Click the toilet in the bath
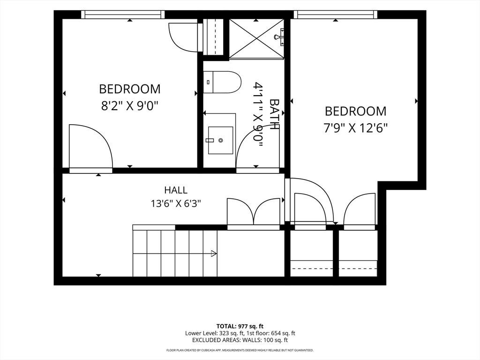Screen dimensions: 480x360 click(222, 82)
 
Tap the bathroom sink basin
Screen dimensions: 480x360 click(220, 140)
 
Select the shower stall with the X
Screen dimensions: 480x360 click(256, 38)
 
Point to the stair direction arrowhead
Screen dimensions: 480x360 click(214, 254)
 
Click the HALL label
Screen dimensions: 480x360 click(176, 190)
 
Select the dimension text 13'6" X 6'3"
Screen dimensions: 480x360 click(176, 203)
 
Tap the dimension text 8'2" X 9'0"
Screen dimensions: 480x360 click(130, 106)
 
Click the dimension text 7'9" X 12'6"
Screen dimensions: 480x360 click(356, 127)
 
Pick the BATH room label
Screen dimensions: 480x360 click(274, 114)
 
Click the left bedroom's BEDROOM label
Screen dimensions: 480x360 click(130, 89)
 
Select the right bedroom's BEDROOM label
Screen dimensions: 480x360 click(356, 111)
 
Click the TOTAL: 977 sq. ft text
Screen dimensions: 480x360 click(240, 326)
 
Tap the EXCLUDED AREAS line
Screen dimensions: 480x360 click(240, 340)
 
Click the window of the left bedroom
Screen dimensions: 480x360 click(123, 15)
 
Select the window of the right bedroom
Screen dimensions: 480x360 click(336, 15)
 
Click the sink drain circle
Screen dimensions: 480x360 click(220, 140)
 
